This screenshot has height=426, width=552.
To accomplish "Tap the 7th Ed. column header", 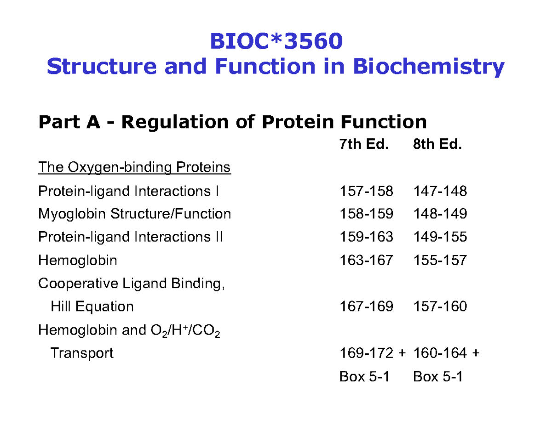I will pos(364,145).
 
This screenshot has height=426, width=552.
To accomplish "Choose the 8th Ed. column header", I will pos(437,145).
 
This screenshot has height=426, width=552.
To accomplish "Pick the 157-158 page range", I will pos(366,191).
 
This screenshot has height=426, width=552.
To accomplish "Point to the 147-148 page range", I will pos(440,191).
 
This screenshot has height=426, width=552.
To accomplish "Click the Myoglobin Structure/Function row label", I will pos(134,214).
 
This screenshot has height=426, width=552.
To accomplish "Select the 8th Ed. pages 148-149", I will pos(440,214).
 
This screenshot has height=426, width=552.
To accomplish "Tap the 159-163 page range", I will pos(366,237).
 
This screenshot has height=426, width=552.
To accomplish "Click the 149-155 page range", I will pos(440,237).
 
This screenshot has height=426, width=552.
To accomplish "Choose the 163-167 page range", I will pos(366,261).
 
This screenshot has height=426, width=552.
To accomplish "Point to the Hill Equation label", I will pos(92,307).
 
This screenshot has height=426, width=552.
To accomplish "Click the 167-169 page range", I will pos(366,307).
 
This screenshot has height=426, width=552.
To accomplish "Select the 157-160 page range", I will pos(440,307).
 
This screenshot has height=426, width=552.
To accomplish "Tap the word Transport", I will pos(81,353).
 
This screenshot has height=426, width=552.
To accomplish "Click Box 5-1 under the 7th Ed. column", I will pos(364,377).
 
